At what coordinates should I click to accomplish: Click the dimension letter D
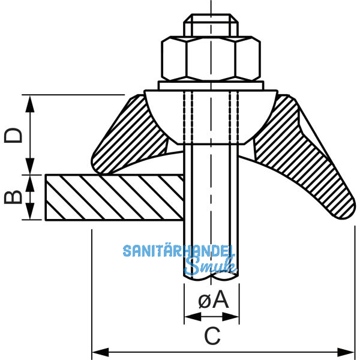(13, 135)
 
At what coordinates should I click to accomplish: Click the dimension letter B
(13, 197)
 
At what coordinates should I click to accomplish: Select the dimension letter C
(212, 336)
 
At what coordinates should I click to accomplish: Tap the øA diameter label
(214, 299)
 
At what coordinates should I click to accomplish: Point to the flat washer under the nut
(211, 85)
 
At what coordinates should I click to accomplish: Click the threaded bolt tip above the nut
(211, 25)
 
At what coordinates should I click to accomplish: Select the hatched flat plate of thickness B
(115, 197)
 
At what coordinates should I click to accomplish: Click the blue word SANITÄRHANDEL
(179, 251)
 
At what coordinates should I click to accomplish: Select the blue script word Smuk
(211, 266)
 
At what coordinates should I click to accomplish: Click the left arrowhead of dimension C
(100, 352)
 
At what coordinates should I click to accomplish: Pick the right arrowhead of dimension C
(346, 352)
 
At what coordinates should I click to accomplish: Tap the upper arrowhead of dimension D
(30, 104)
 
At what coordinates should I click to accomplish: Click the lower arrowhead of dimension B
(30, 211)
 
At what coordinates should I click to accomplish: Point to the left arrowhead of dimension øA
(193, 317)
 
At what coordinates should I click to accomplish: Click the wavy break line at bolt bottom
(211, 277)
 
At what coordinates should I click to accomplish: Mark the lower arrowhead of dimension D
(30, 166)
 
